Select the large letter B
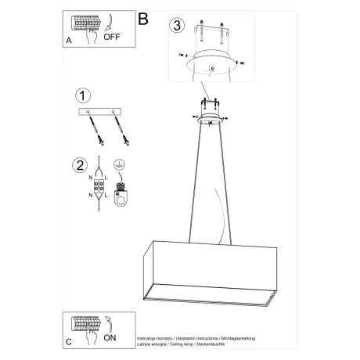pos(142,18)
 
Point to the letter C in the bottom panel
pos(68,341)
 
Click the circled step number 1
pos(81,95)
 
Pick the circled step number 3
pos(178,25)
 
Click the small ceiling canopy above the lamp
pos(209,117)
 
